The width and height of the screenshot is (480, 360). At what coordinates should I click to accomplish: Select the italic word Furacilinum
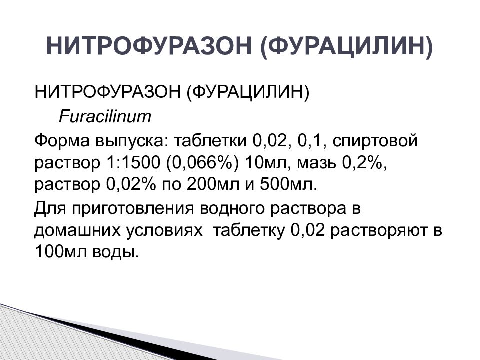[105, 117]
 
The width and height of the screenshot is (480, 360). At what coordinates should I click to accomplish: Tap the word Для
[48, 208]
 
